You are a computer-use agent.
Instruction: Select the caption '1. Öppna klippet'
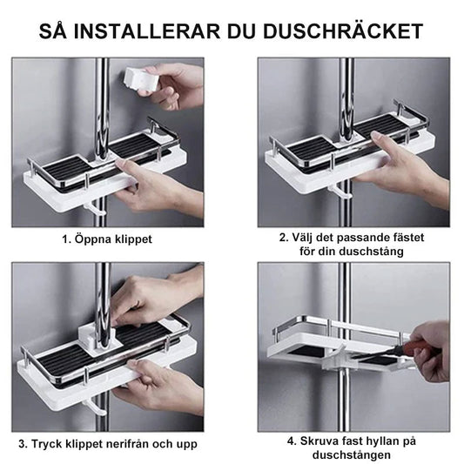tap(106, 239)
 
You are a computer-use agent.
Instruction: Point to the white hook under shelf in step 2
tap(342, 190)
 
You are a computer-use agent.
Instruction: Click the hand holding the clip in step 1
tap(178, 85)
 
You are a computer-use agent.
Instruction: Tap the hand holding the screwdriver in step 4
tap(433, 348)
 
